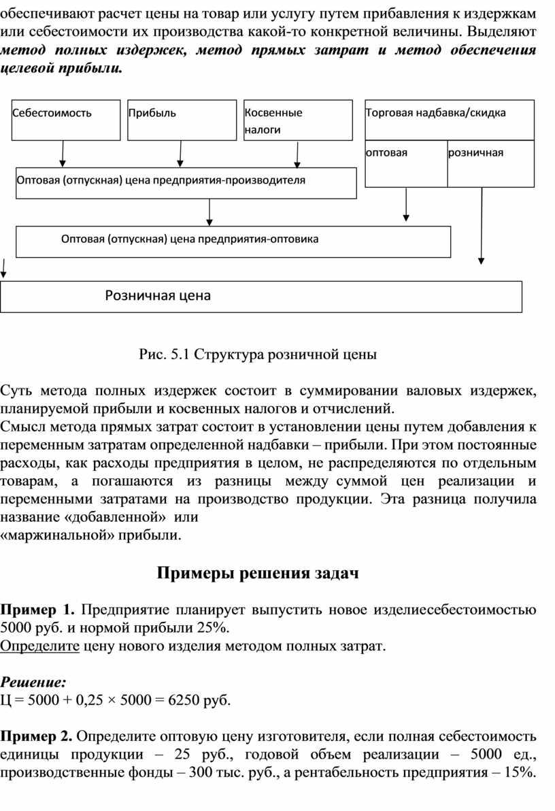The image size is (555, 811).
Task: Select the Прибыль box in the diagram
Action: coord(180,120)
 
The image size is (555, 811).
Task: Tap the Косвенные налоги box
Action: coord(297,120)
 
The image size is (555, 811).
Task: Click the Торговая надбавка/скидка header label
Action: coord(435,113)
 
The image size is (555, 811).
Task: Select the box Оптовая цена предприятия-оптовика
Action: coord(233,242)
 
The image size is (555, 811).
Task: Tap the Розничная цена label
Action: coord(157,296)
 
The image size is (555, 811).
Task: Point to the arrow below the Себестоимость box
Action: coord(63,154)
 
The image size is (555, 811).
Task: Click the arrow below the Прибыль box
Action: coord(180,154)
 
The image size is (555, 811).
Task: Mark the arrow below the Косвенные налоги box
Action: coord(297,154)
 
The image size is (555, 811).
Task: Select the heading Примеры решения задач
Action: coord(258,573)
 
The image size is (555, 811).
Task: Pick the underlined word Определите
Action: coord(39,646)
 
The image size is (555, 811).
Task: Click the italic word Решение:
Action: coord(33,681)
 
